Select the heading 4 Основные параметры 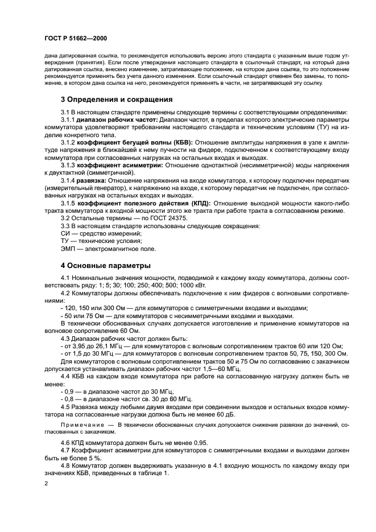[x=98, y=265]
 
